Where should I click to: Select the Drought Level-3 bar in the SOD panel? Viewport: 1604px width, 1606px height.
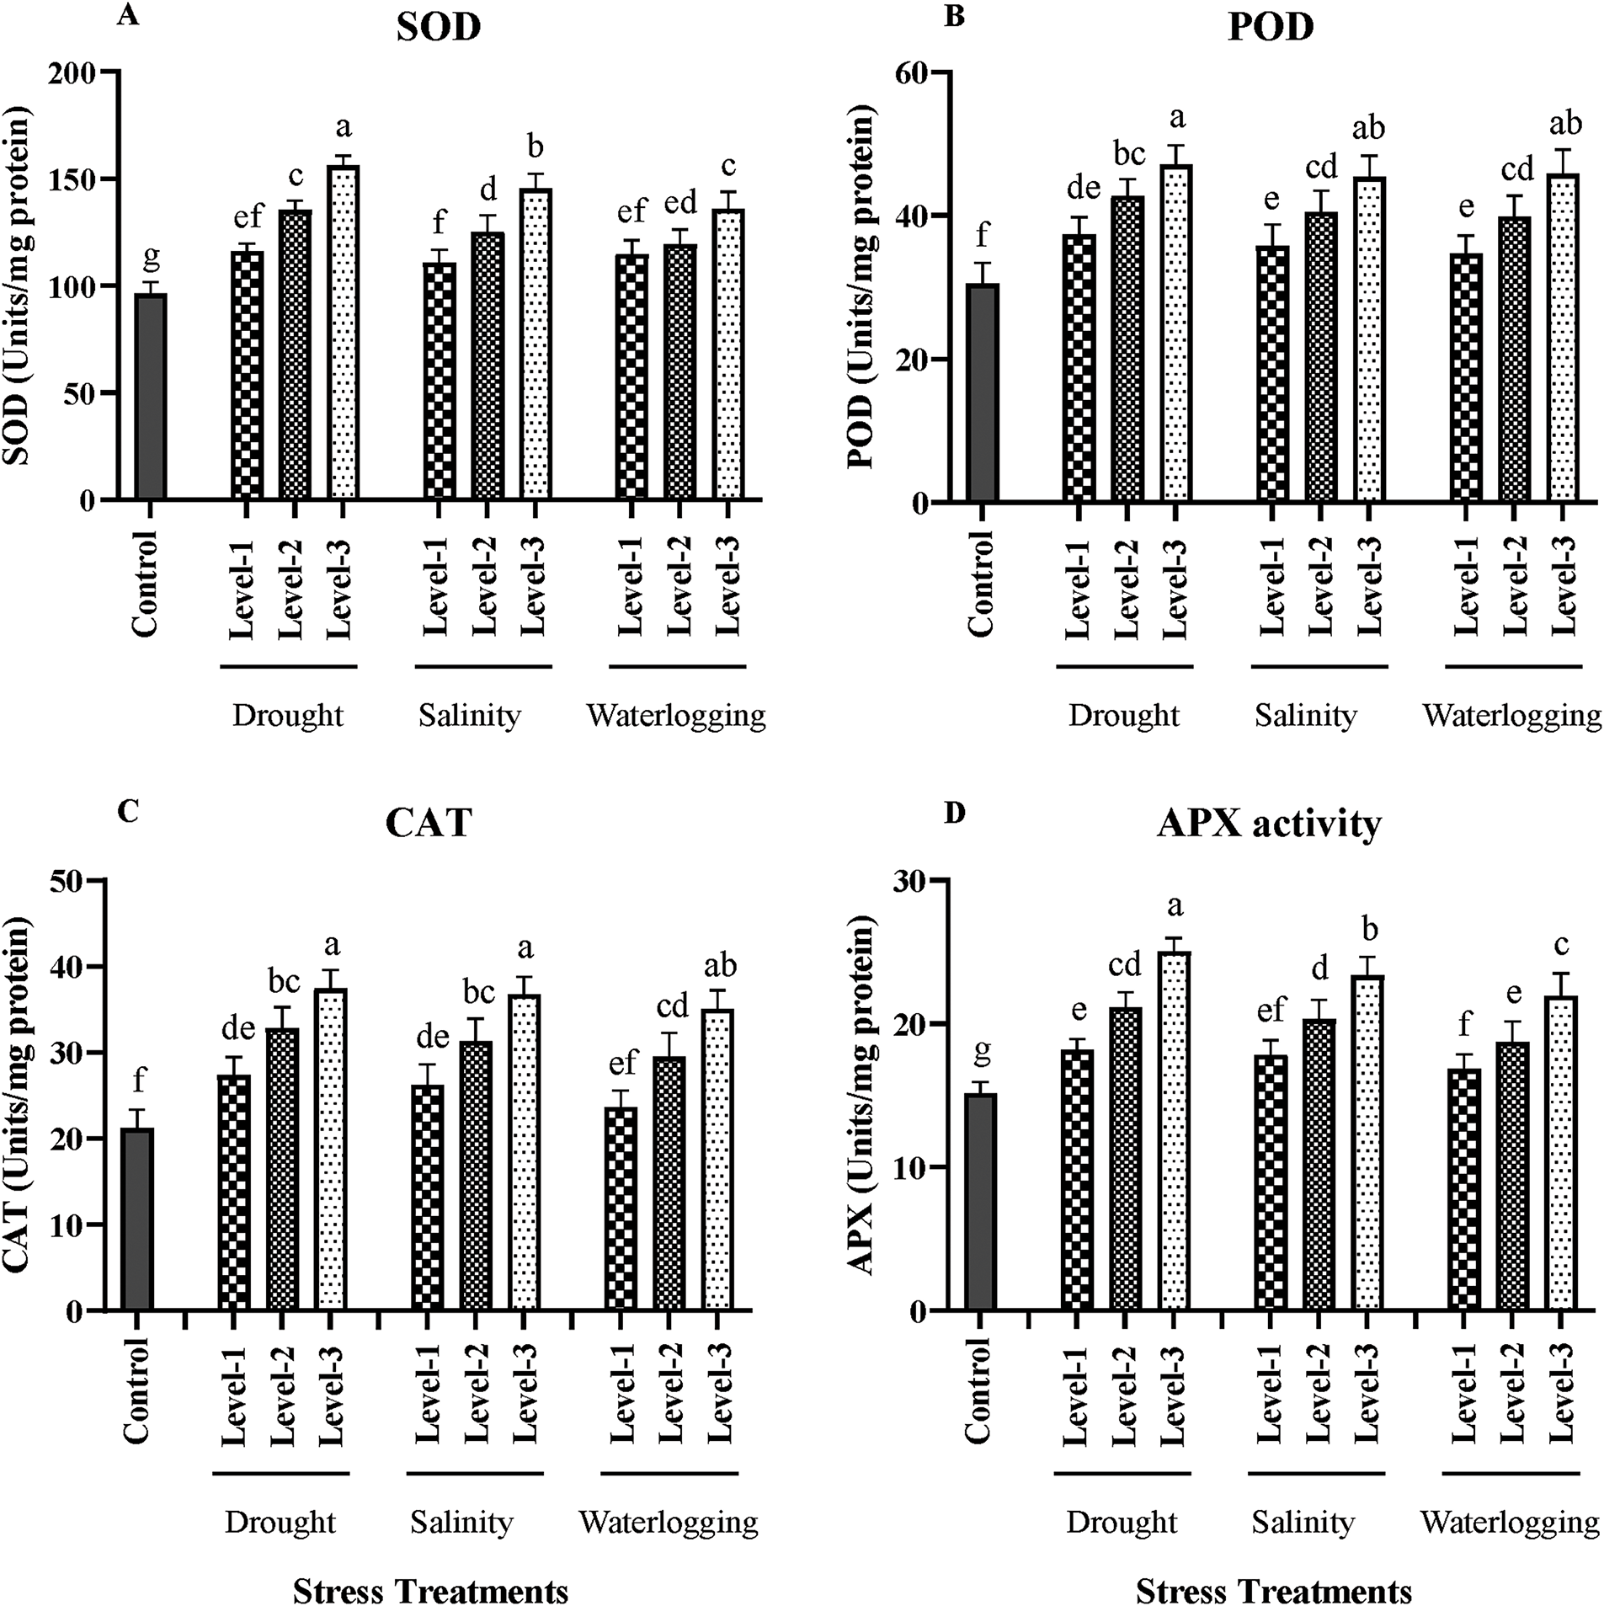click(x=343, y=333)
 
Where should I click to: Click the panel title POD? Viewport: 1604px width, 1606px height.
click(x=1271, y=28)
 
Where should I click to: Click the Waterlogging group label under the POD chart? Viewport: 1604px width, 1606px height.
click(x=1511, y=716)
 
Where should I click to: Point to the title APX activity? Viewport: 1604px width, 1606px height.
click(x=1269, y=824)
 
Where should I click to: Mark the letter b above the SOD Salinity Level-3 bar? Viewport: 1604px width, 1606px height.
click(x=535, y=148)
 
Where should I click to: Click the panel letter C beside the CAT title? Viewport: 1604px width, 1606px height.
click(x=129, y=811)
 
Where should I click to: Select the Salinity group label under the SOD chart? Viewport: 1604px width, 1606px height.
click(x=470, y=716)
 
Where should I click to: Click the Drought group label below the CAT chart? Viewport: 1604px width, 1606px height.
click(x=280, y=1523)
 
